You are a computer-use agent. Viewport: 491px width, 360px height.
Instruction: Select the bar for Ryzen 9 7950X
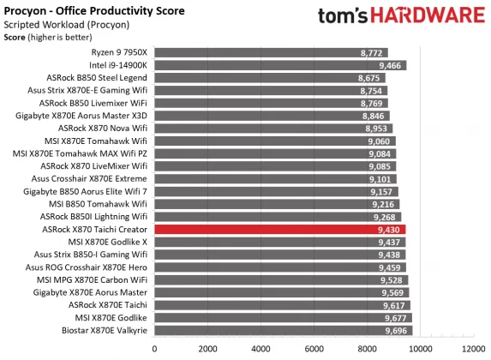pos(271,53)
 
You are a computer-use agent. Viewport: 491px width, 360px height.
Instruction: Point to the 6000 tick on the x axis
pos(314,349)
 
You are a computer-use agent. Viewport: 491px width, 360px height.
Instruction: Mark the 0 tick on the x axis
pos(154,349)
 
